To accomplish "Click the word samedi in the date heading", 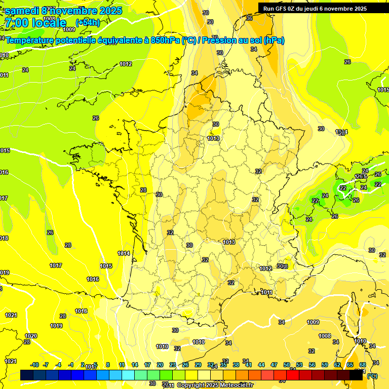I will point(22,11).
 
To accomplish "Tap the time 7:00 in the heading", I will point(16,23).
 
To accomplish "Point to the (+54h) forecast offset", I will point(88,23).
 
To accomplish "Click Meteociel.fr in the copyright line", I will point(235,385).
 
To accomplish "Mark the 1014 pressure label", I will point(124,253).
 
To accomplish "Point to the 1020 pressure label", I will point(31,336).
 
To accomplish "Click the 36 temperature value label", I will point(249,18).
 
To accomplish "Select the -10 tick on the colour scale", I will point(34,365).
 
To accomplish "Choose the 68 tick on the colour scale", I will point(363,365).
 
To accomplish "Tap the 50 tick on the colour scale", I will point(287,365).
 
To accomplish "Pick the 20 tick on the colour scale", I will point(160,365).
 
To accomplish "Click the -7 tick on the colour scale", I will point(46,365).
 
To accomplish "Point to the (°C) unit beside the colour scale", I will point(372,376).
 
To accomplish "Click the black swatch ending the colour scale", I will point(356,375).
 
